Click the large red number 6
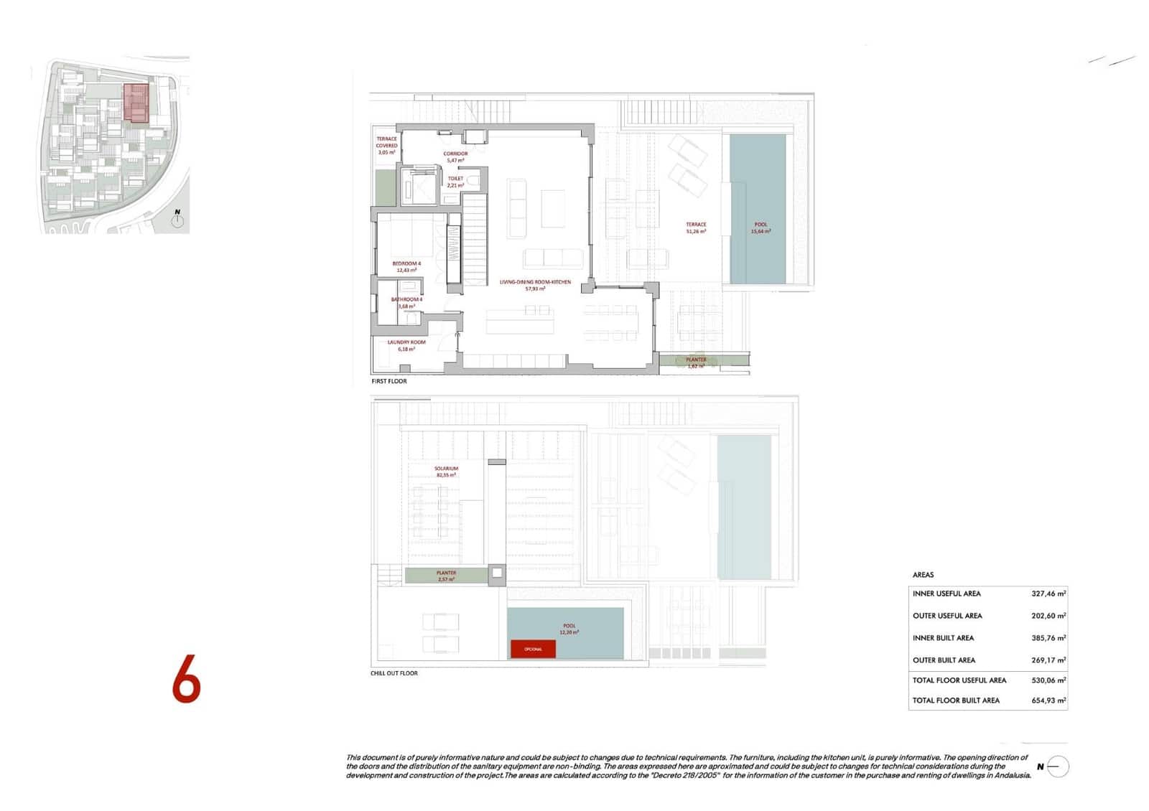pos(186,678)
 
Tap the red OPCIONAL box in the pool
pos(533,649)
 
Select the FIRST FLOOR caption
pos(389,381)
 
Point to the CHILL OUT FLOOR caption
pos(394,673)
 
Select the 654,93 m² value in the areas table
pos(1048,700)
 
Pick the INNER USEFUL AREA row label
pos(946,594)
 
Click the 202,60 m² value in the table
pos(1048,616)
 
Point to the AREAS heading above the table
pos(923,575)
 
